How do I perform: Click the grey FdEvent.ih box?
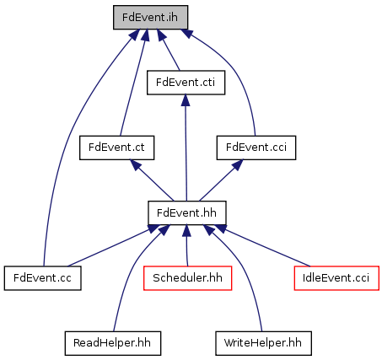(x=150, y=17)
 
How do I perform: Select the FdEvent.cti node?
(x=186, y=83)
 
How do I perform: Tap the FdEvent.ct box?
(x=116, y=148)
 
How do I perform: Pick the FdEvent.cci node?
(x=256, y=148)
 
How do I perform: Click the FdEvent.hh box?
(x=187, y=212)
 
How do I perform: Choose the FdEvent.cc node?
(x=42, y=278)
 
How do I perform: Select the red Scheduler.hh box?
(x=187, y=278)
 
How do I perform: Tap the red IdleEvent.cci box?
(x=336, y=278)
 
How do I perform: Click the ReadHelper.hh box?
(x=113, y=343)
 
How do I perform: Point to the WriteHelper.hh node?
(x=263, y=343)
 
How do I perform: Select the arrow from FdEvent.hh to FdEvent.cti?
(x=186, y=148)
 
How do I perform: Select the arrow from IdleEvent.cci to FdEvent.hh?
(x=263, y=245)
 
